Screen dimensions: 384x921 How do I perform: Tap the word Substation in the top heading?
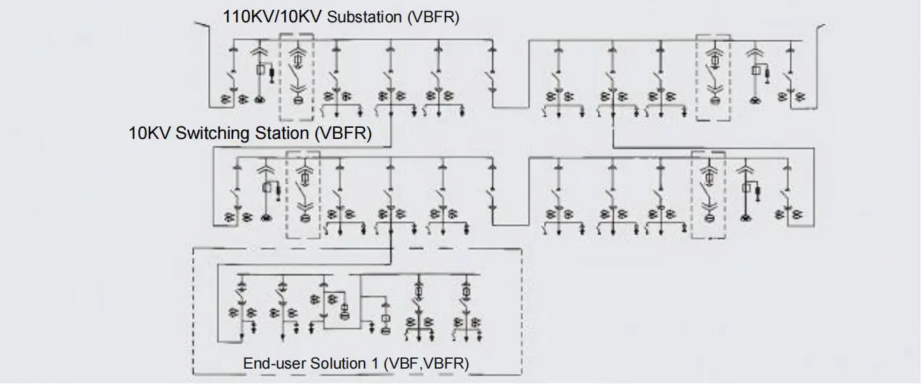coord(363,17)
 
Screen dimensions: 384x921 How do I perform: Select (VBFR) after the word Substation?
coord(433,17)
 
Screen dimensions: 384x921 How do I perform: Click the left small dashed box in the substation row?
coord(296,78)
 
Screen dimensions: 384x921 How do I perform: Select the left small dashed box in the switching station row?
coord(303,194)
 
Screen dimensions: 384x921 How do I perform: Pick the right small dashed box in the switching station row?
coord(708,194)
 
